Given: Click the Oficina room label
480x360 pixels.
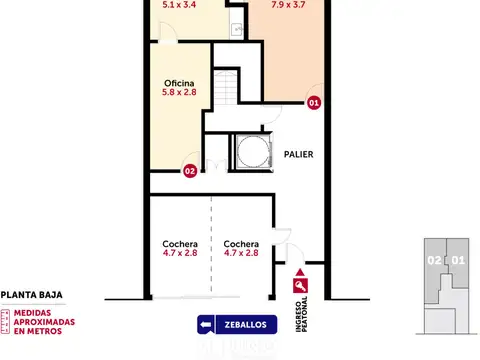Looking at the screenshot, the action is [x=179, y=83].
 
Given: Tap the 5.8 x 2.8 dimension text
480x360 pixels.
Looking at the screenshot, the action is [x=179, y=92].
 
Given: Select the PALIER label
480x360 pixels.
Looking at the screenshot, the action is [x=298, y=154].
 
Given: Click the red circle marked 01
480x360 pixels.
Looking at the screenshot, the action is [x=314, y=103].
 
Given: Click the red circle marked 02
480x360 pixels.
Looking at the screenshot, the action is [x=190, y=171].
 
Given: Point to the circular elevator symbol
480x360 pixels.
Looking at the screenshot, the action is [x=254, y=152].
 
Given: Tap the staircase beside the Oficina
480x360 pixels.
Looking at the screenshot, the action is [x=226, y=88].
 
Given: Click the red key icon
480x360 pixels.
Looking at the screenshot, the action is [x=300, y=286].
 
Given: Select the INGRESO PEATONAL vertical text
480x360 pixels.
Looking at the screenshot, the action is [x=301, y=314].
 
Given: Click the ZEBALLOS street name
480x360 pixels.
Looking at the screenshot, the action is [x=246, y=325].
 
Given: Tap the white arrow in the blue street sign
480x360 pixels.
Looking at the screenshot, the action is [x=206, y=325].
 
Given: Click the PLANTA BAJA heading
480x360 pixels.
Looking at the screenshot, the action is [x=32, y=295].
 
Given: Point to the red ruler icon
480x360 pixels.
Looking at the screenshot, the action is [x=5, y=322].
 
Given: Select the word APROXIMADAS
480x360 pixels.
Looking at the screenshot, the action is [x=44, y=322].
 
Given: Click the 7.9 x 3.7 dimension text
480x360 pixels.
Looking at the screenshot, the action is [x=288, y=4].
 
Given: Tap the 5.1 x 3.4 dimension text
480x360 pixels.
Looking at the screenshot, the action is [x=179, y=4].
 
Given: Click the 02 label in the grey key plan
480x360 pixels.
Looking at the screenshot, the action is [x=434, y=260].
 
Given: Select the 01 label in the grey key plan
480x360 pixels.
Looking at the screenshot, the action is [x=458, y=260].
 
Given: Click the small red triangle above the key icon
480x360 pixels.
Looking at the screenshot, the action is [x=300, y=272].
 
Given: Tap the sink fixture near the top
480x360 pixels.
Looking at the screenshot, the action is [x=237, y=29].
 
